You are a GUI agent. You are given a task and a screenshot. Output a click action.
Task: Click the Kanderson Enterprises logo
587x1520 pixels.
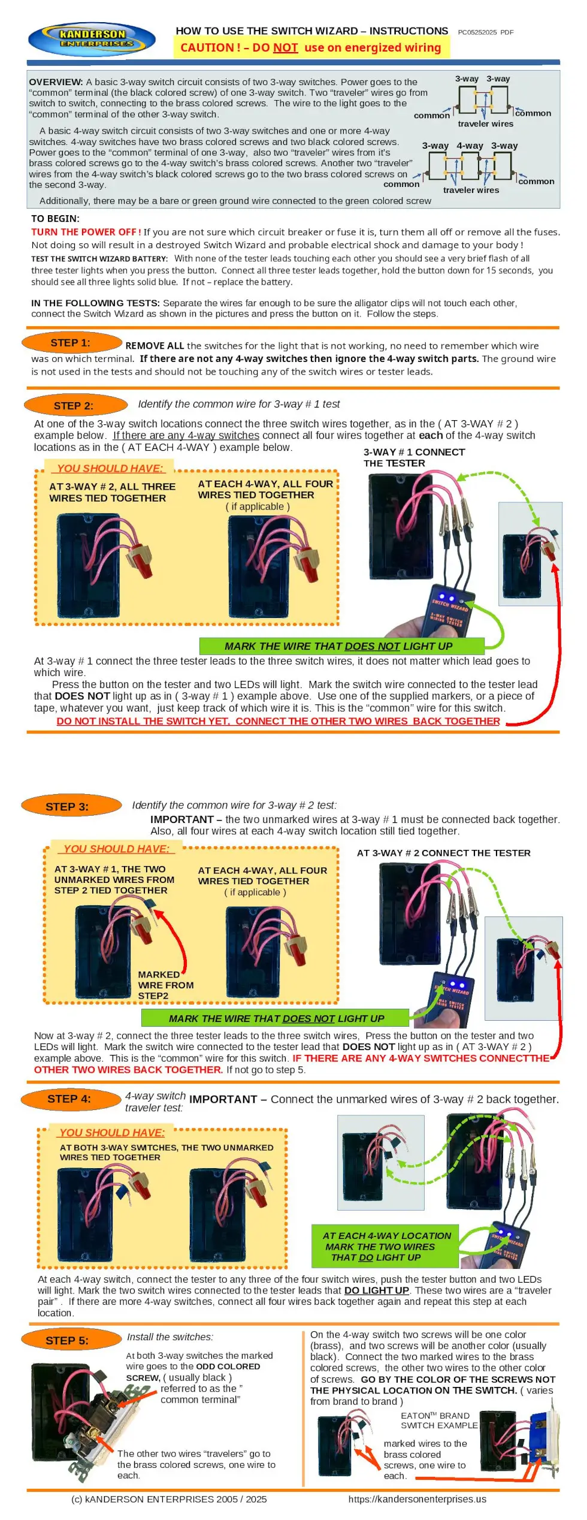92,40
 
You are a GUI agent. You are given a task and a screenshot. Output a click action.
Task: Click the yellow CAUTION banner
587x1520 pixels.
311,47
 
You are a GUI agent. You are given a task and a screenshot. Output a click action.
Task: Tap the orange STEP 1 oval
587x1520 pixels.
71,342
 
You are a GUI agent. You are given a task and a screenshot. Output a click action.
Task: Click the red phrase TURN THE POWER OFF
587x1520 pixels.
86,232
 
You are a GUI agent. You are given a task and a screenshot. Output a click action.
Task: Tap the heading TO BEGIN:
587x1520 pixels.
55,219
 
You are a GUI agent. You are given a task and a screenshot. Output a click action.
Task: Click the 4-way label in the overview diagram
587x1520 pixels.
470,146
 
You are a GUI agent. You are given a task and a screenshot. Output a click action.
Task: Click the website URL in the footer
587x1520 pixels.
417,1498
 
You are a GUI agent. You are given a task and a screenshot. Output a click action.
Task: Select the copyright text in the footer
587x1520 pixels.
169,1498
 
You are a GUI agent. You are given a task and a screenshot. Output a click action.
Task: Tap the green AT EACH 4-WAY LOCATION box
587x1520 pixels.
385,1246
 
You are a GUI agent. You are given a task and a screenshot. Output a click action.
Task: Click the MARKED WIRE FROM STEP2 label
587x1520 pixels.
165,985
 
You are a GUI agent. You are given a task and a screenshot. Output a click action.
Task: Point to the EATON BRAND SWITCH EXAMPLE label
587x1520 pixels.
439,1421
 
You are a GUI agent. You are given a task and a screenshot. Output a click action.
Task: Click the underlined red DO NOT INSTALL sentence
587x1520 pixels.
278,721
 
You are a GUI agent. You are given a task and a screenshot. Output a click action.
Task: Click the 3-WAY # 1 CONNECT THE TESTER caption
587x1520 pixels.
414,457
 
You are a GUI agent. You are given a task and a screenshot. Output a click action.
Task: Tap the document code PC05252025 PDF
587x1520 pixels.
485,32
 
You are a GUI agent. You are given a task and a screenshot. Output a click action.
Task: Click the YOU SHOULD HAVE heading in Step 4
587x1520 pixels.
111,1132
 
